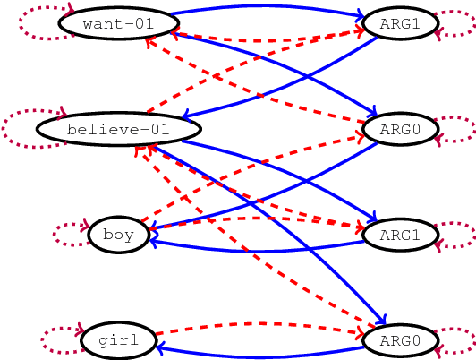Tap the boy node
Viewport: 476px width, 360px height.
(118, 235)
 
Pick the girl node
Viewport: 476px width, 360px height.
(118, 340)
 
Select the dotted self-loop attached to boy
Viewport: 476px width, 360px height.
(68, 235)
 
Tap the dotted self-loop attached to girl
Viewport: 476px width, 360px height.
(57, 340)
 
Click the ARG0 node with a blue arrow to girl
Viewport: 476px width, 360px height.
(400, 340)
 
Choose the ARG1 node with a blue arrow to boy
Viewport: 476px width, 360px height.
(400, 235)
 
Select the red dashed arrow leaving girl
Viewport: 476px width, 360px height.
(259, 324)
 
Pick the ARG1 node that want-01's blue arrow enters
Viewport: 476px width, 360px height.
(400, 23)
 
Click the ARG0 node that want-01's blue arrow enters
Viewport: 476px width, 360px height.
(400, 130)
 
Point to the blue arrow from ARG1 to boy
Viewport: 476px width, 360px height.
(259, 250)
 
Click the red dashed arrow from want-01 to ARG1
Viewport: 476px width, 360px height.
(268, 40)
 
